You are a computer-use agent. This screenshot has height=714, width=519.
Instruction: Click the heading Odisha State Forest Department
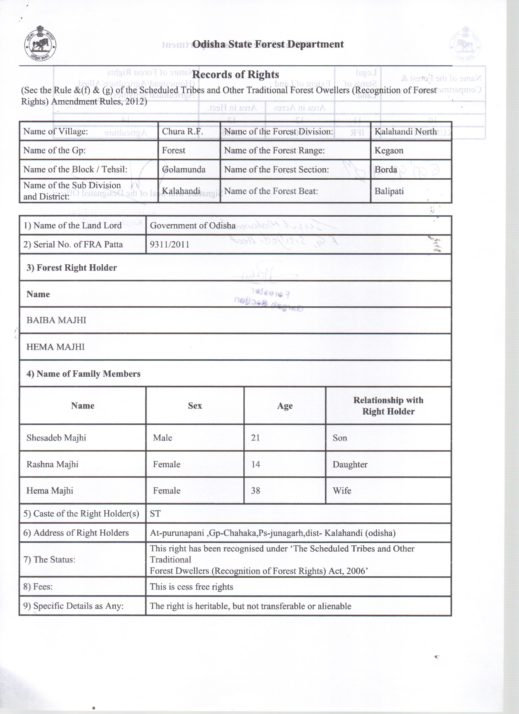pyautogui.click(x=268, y=44)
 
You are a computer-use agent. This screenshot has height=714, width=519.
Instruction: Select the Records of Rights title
pyautogui.click(x=235, y=75)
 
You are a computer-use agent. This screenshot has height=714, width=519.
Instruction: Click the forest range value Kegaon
pyautogui.click(x=389, y=151)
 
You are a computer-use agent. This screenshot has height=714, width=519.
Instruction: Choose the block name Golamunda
pyautogui.click(x=184, y=169)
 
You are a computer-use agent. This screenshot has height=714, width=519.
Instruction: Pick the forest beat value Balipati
pyautogui.click(x=389, y=191)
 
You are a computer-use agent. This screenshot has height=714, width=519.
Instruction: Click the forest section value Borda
pyautogui.click(x=386, y=169)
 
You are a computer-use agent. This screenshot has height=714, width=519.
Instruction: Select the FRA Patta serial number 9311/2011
pyautogui.click(x=169, y=245)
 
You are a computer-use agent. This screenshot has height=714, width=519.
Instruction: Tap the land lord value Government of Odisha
pyautogui.click(x=192, y=225)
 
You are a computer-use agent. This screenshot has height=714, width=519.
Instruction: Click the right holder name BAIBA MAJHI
pyautogui.click(x=56, y=320)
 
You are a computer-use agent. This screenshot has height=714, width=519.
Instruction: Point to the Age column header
pyautogui.click(x=285, y=406)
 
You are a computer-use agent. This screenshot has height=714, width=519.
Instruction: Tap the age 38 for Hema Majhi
pyautogui.click(x=255, y=490)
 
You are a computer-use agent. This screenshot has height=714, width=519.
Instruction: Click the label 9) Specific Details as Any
pyautogui.click(x=73, y=606)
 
